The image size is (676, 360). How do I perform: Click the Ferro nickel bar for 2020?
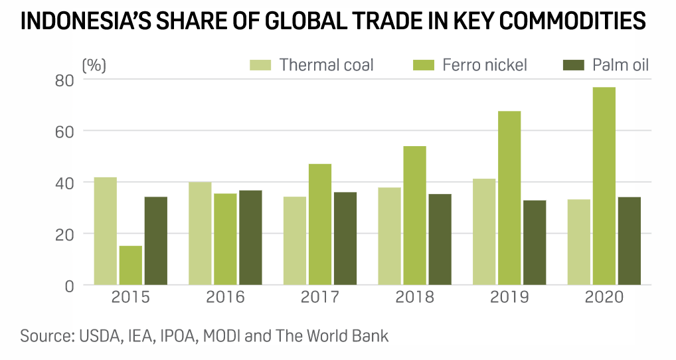click(604, 186)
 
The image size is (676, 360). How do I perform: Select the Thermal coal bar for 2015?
click(105, 231)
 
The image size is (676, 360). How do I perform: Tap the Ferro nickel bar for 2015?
click(130, 266)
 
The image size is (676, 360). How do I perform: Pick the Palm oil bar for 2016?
click(250, 238)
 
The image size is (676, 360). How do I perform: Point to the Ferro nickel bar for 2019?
click(509, 198)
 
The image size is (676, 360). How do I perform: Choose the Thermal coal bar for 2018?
click(389, 236)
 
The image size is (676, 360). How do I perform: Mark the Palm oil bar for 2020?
click(629, 241)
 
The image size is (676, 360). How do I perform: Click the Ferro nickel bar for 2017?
click(320, 225)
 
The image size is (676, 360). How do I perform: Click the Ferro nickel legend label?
click(484, 65)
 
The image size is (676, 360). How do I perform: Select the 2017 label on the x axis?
click(320, 297)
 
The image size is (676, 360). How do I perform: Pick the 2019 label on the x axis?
click(509, 297)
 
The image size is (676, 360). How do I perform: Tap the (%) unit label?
click(94, 65)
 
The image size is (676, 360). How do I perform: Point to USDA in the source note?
click(100, 335)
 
